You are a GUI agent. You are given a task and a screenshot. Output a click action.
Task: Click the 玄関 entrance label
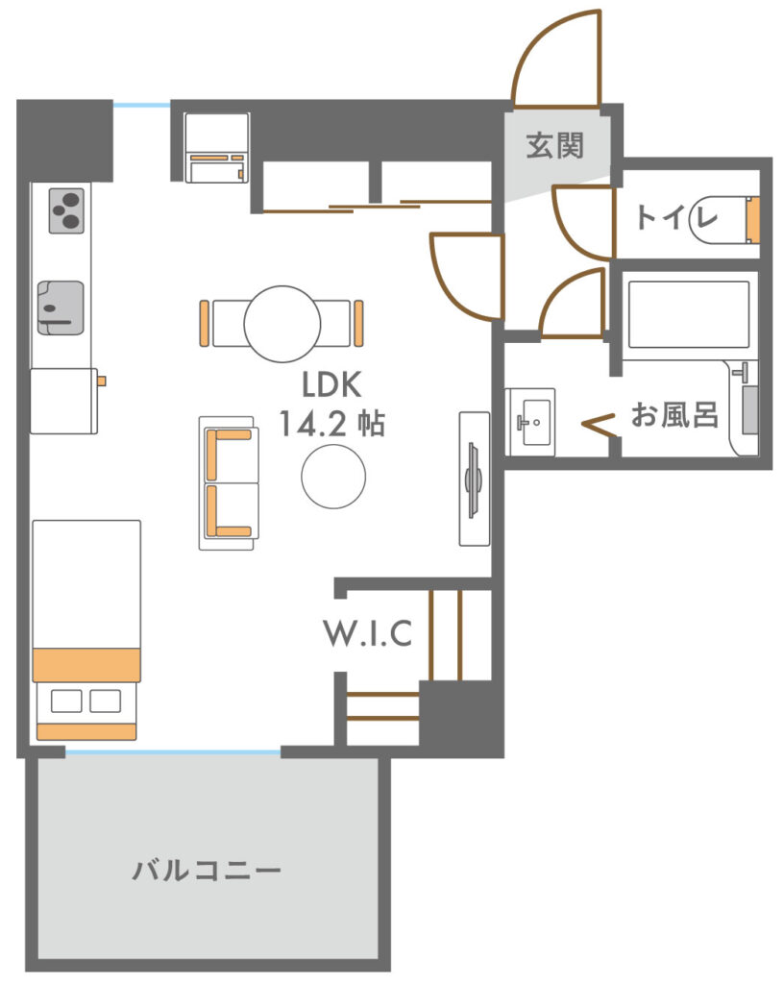coord(554,145)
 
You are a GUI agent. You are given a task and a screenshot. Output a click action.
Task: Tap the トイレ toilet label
coord(676,217)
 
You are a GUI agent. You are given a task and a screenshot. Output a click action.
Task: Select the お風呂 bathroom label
coord(674,415)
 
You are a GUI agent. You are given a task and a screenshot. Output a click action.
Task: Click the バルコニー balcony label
coord(207,871)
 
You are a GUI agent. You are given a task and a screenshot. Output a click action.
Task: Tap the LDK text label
coord(331,384)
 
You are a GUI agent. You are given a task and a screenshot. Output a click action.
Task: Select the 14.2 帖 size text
coord(331,423)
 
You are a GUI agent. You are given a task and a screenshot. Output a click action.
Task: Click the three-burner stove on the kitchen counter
coord(66,210)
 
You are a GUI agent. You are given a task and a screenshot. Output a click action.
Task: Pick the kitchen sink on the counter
coord(61,307)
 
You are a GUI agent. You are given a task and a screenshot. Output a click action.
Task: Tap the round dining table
coord(282,324)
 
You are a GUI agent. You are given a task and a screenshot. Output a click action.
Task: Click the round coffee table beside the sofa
coord(333,477)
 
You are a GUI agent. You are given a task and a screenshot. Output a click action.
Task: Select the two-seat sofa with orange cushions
coord(229,482)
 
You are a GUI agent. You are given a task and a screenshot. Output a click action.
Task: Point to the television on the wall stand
coord(473,480)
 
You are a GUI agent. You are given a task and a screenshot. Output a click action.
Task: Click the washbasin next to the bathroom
coord(530,422)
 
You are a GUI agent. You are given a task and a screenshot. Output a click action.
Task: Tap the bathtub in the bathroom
coord(689,314)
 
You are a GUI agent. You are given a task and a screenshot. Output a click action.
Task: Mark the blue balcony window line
coord(173,751)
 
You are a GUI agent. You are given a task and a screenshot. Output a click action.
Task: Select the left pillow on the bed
coord(66,701)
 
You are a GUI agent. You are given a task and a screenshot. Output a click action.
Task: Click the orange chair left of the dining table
coord(204,323)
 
